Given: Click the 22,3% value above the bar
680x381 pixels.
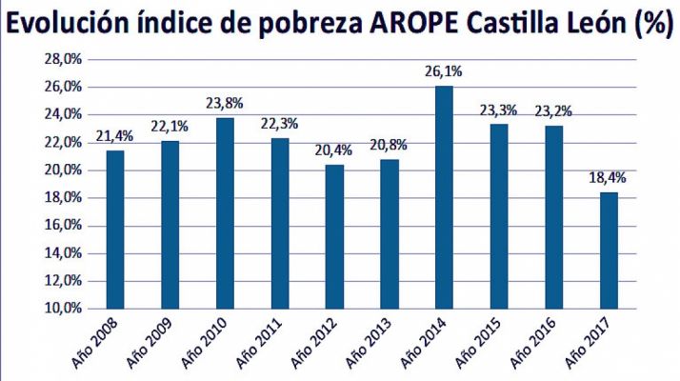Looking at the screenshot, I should pos(279,125).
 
